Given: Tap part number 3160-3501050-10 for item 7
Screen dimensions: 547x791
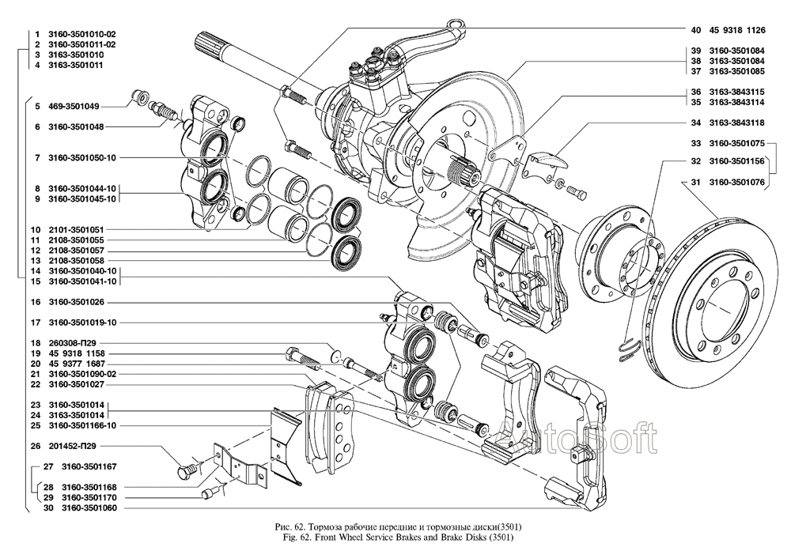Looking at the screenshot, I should click(82, 158).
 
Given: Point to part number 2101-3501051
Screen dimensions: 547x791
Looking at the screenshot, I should click(77, 229).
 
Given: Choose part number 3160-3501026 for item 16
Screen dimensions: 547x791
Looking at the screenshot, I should click(77, 302).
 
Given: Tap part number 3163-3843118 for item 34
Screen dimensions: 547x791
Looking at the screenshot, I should click(736, 123).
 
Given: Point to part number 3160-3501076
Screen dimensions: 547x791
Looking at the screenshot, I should click(736, 183).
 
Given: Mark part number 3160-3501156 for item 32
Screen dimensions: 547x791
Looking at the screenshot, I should click(736, 161).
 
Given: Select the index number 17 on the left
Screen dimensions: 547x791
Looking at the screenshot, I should click(36, 323).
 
